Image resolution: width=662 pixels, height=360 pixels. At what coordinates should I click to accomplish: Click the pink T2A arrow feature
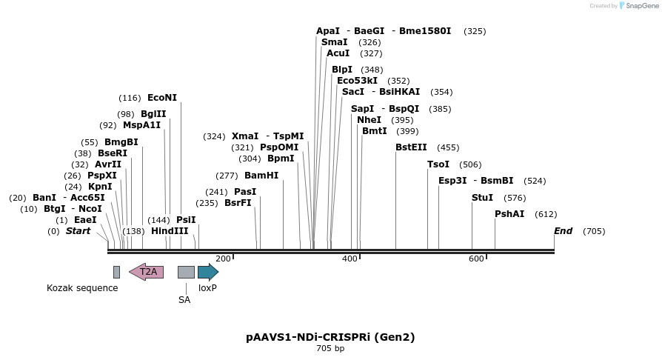(147, 272)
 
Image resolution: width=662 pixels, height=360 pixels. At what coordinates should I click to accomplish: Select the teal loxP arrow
(207, 272)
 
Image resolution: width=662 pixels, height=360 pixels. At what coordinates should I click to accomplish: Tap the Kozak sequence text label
(82, 288)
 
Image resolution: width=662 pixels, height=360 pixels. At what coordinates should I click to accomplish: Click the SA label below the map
(184, 300)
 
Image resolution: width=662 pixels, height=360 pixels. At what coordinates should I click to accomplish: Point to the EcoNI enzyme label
(162, 98)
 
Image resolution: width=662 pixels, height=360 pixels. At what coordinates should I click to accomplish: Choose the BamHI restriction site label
(261, 176)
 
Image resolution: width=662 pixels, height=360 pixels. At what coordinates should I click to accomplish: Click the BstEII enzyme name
(411, 147)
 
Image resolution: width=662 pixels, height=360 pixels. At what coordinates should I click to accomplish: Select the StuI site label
(482, 198)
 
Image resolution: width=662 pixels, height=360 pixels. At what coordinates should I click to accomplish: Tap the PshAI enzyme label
(509, 214)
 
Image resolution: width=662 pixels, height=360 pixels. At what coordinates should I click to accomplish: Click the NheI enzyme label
(369, 120)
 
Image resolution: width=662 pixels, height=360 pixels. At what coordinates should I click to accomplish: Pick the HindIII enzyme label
(170, 231)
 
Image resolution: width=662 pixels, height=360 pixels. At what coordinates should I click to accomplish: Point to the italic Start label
(78, 231)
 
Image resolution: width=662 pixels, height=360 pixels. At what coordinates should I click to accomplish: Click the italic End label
(563, 231)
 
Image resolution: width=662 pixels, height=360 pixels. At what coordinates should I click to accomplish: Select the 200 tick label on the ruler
(223, 259)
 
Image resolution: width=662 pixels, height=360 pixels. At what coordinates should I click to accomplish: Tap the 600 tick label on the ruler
(476, 259)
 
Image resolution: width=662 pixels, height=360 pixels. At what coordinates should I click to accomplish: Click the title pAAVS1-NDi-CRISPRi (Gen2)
(330, 337)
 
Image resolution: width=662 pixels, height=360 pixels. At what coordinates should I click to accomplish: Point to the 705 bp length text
(330, 348)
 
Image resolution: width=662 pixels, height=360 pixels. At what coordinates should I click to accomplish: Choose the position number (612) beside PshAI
(546, 214)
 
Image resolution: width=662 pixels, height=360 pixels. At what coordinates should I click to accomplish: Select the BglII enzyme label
(153, 114)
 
